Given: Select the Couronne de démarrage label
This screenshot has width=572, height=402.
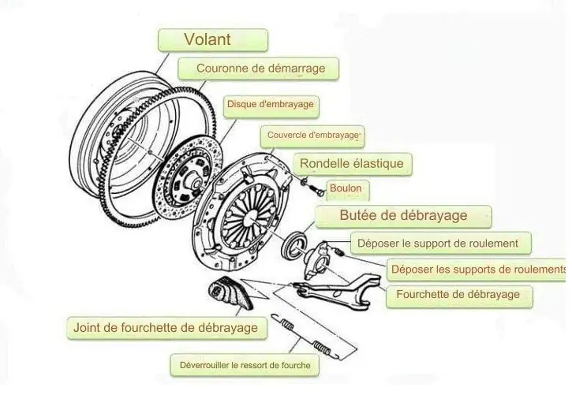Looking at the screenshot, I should tap(260, 69).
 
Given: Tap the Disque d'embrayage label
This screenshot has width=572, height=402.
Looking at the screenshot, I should tap(270, 104).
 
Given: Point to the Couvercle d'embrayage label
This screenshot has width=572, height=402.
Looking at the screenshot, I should tap(312, 135).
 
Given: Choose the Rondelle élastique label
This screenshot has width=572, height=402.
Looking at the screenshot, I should tap(351, 164).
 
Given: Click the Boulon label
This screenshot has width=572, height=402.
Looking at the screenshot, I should tap(346, 188).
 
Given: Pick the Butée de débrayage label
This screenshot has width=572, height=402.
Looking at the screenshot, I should tap(403, 216).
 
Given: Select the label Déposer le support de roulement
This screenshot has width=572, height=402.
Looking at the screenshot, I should tap(438, 244).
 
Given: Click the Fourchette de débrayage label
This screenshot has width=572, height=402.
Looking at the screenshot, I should tap(458, 295).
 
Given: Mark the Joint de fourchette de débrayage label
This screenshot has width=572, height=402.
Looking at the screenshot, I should tap(165, 327).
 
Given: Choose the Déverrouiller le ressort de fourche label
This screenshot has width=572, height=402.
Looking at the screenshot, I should tap(245, 365).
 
